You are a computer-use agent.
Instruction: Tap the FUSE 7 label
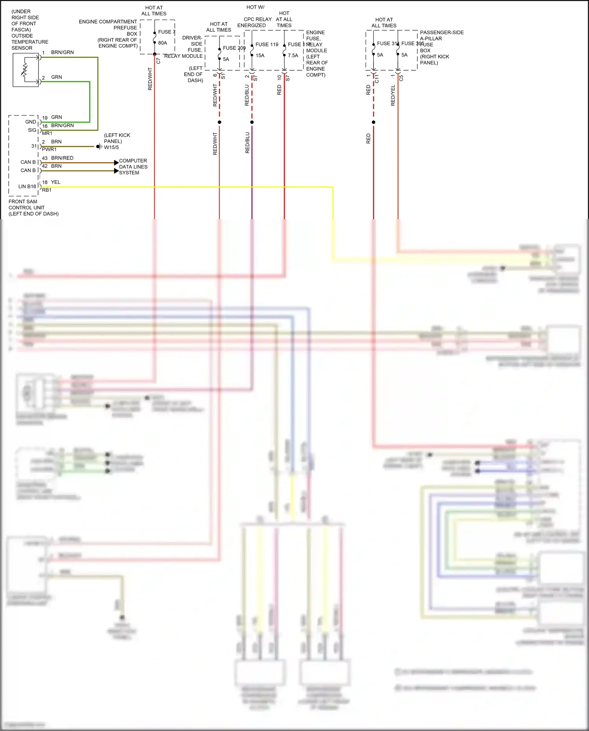tap(166, 32)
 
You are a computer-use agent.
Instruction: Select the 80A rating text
tap(163, 43)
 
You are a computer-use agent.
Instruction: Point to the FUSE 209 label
tap(234, 48)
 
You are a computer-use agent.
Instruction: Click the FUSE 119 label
tap(267, 44)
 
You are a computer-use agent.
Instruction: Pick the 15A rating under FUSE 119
tap(260, 55)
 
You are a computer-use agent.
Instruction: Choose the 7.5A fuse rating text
tap(293, 55)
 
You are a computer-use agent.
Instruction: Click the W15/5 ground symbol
tap(99, 147)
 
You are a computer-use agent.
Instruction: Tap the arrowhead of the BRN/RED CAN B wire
tap(116, 163)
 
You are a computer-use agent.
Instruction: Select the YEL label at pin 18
tap(56, 182)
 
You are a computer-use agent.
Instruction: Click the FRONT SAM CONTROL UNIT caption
tap(33, 207)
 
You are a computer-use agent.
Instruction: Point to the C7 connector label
tap(158, 61)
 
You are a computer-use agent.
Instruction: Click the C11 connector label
tap(377, 79)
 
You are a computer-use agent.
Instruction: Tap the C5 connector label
tap(401, 78)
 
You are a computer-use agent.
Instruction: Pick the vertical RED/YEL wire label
tap(393, 95)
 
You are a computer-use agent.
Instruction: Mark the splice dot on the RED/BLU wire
tap(252, 122)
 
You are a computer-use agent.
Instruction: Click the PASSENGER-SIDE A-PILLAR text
tap(441, 35)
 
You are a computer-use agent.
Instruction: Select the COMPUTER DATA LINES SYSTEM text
tap(133, 167)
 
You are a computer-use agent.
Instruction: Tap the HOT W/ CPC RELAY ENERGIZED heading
tap(255, 16)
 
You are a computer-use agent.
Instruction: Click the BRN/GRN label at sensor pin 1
tap(62, 52)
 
